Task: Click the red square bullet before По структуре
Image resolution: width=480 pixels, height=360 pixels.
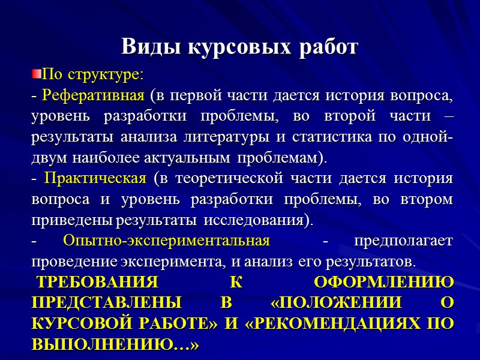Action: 35,74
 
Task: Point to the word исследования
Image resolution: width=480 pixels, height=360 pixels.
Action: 258,220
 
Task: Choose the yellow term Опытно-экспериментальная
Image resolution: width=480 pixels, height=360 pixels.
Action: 166,241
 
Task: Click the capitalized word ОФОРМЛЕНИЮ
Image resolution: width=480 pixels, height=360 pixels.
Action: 384,283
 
